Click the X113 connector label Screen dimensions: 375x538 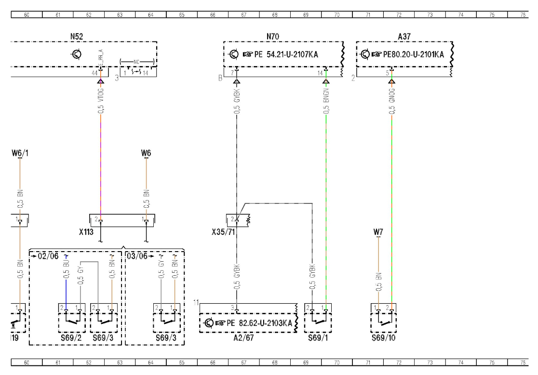coord(87,231)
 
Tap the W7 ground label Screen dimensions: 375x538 coord(378,233)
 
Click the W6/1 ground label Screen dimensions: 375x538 coord(20,154)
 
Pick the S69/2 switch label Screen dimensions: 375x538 coord(71,338)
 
